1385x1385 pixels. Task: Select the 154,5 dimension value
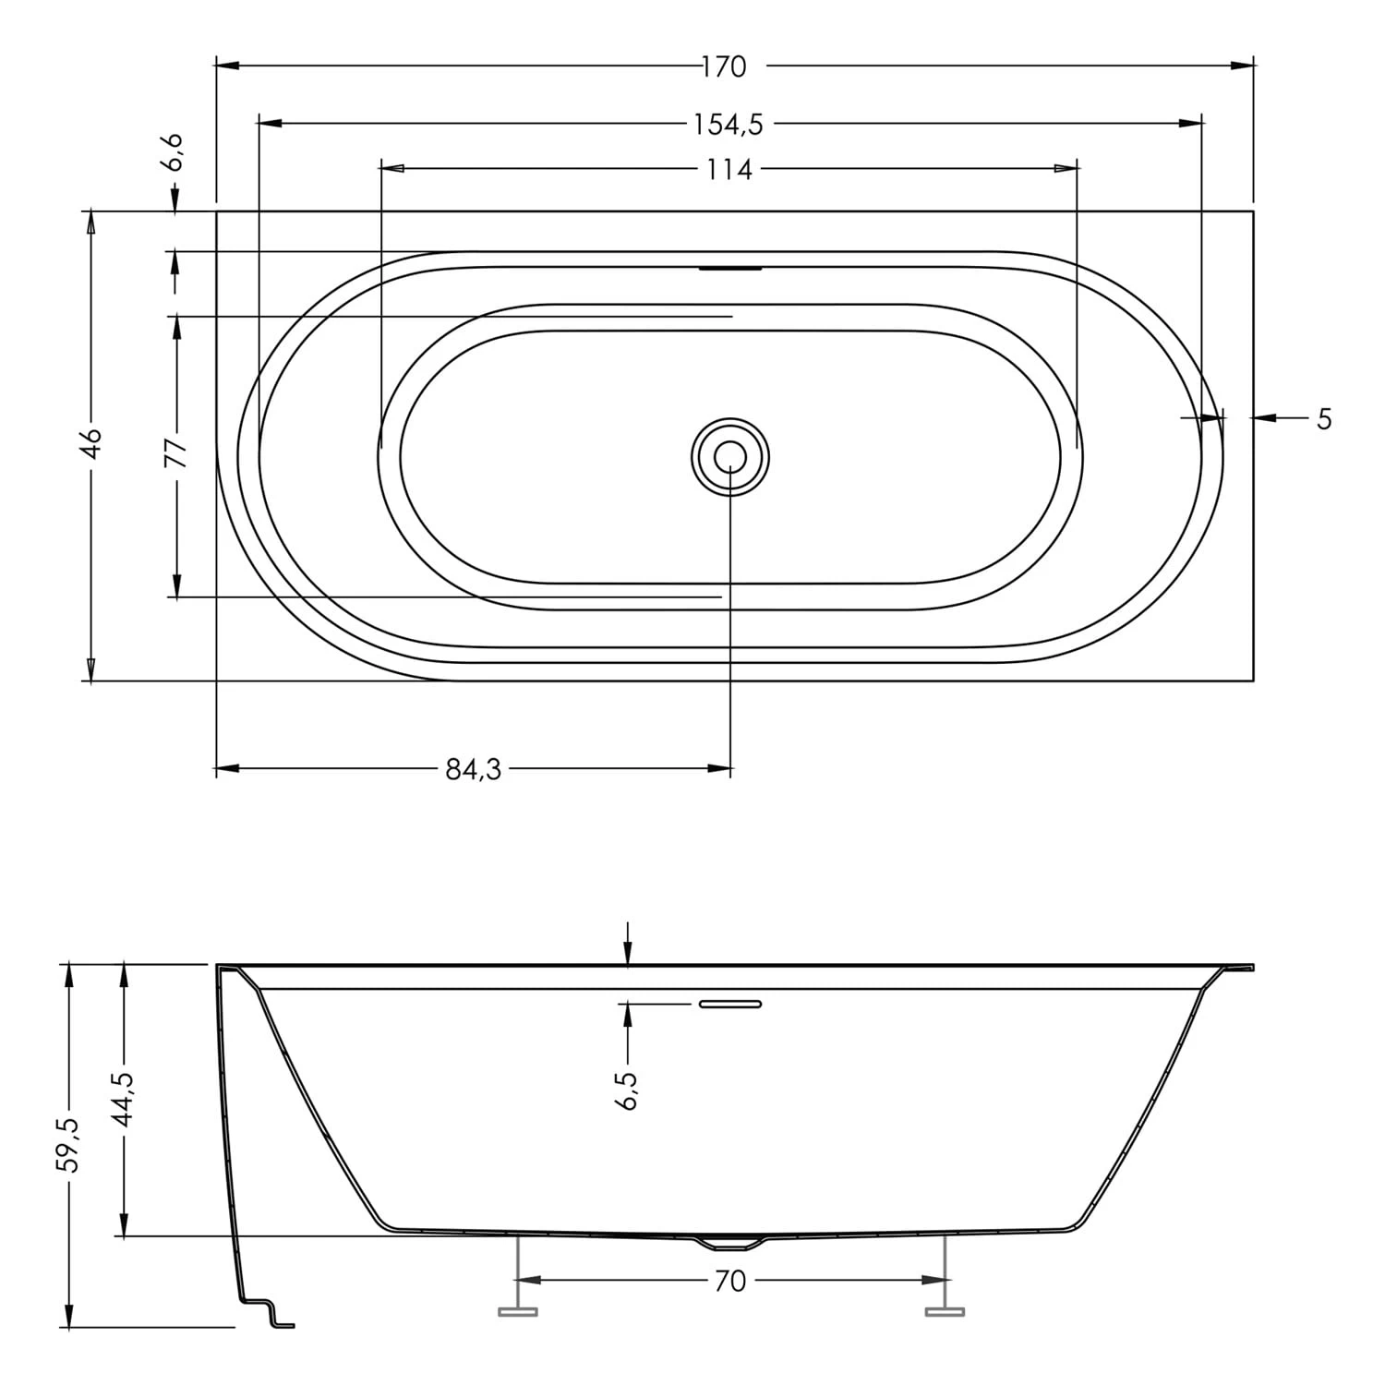pyautogui.click(x=729, y=124)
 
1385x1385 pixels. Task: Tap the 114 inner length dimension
pyautogui.click(x=729, y=170)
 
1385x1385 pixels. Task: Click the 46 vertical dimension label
pyautogui.click(x=90, y=444)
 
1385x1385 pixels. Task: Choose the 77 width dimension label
pyautogui.click(x=176, y=453)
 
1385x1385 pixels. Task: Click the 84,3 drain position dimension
pyautogui.click(x=473, y=769)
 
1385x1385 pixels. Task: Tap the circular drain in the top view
pyautogui.click(x=730, y=456)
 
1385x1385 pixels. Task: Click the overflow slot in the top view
pyautogui.click(x=730, y=269)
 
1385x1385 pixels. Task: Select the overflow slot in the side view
pyautogui.click(x=730, y=1004)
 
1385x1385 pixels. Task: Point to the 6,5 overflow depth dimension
pyautogui.click(x=627, y=1090)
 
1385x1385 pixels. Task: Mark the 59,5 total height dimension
pyautogui.click(x=68, y=1145)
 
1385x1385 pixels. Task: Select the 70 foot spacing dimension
pyautogui.click(x=729, y=1281)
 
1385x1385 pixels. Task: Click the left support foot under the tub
pyautogui.click(x=518, y=1309)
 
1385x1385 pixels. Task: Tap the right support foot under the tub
pyautogui.click(x=945, y=1309)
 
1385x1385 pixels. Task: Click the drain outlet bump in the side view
pyautogui.click(x=729, y=1243)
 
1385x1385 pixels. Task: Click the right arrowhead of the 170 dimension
pyautogui.click(x=1242, y=66)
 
